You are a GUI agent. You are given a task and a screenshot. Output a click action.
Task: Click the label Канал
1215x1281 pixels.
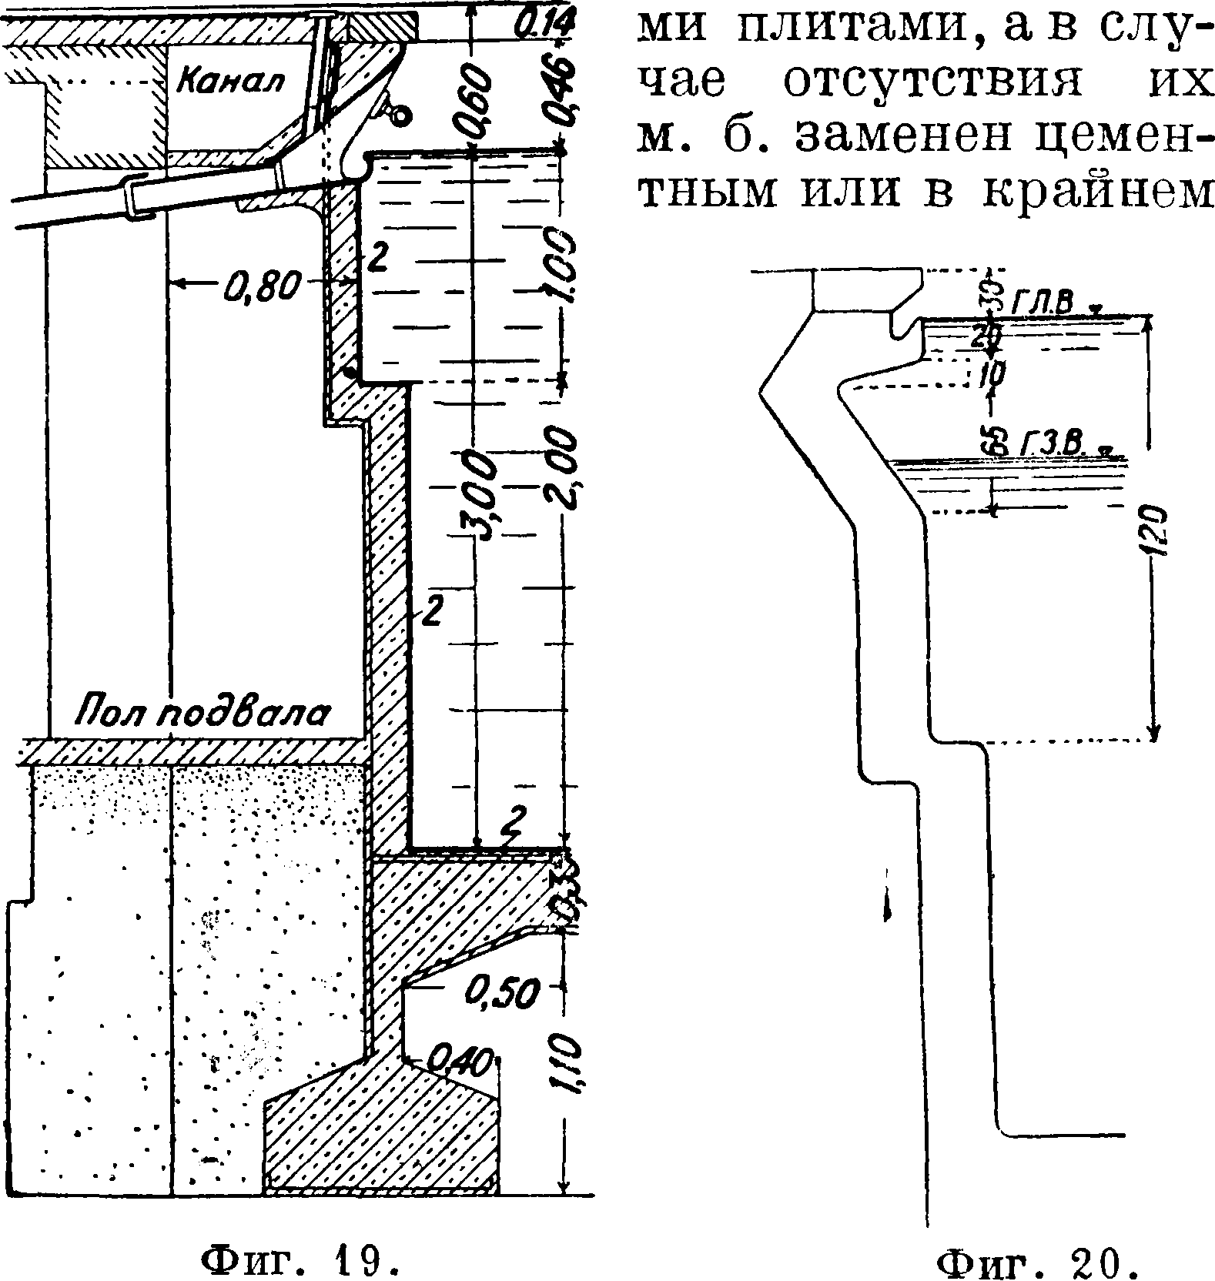pyautogui.click(x=230, y=79)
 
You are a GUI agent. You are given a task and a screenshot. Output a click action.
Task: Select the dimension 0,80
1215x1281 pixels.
pyautogui.click(x=259, y=286)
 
